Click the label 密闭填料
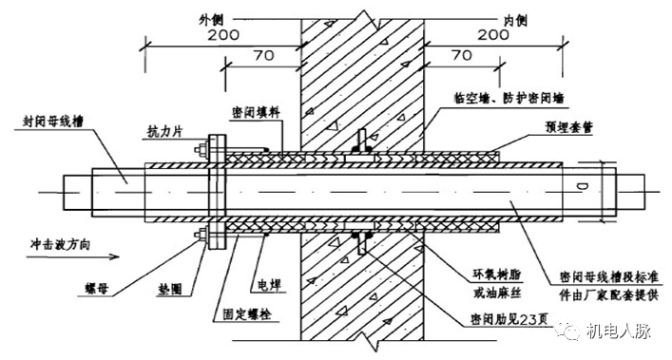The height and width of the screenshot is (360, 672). (x=255, y=110)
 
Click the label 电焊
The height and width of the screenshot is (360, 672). (x=268, y=284)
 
